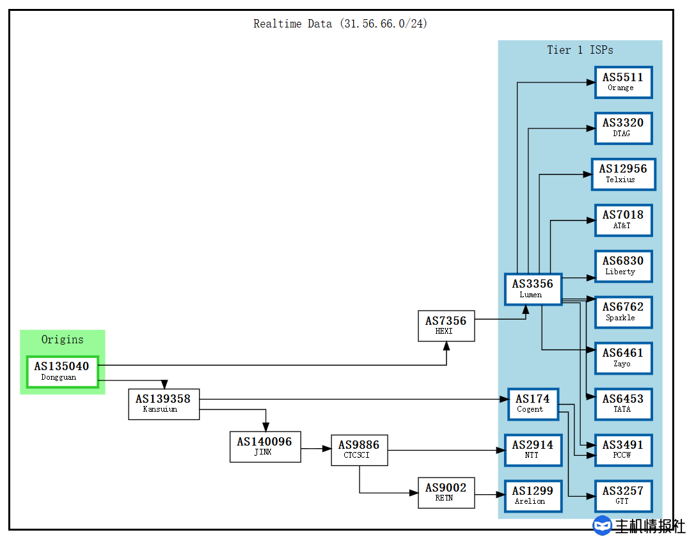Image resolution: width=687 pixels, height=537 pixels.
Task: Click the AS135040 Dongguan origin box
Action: pyautogui.click(x=62, y=371)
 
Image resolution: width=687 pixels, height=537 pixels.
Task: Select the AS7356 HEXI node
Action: pyautogui.click(x=446, y=325)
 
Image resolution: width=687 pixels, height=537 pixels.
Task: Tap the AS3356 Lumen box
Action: pyautogui.click(x=532, y=288)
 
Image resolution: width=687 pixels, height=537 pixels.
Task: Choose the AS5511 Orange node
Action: pyautogui.click(x=623, y=82)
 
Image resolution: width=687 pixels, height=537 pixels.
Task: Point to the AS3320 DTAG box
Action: pyautogui.click(x=623, y=128)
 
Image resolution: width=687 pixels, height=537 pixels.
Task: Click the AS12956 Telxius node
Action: pyautogui.click(x=623, y=174)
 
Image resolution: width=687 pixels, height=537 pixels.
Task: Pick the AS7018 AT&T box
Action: pyautogui.click(x=623, y=220)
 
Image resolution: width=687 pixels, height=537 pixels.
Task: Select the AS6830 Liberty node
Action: pyautogui.click(x=623, y=266)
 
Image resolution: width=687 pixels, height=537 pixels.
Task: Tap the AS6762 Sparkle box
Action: pyautogui.click(x=623, y=312)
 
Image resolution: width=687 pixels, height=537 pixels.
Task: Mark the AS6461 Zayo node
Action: pyautogui.click(x=623, y=358)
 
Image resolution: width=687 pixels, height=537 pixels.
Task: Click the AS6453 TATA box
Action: pyautogui.click(x=623, y=404)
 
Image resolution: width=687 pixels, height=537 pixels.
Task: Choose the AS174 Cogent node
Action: pyautogui.click(x=533, y=403)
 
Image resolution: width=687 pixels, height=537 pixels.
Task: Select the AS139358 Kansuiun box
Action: pyautogui.click(x=163, y=403)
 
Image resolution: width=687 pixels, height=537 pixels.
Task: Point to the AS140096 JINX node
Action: pyautogui.click(x=264, y=446)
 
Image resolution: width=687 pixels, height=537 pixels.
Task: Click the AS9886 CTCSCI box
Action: pyautogui.click(x=359, y=449)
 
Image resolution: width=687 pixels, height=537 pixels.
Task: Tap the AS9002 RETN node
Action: pyautogui.click(x=446, y=492)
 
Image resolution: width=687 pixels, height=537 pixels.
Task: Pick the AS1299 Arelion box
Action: pyautogui.click(x=533, y=495)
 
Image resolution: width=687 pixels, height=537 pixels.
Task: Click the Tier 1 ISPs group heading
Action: pyautogui.click(x=580, y=50)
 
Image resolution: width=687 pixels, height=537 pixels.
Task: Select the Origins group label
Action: pyautogui.click(x=62, y=339)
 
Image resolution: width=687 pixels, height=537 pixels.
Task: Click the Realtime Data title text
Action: pyautogui.click(x=340, y=24)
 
